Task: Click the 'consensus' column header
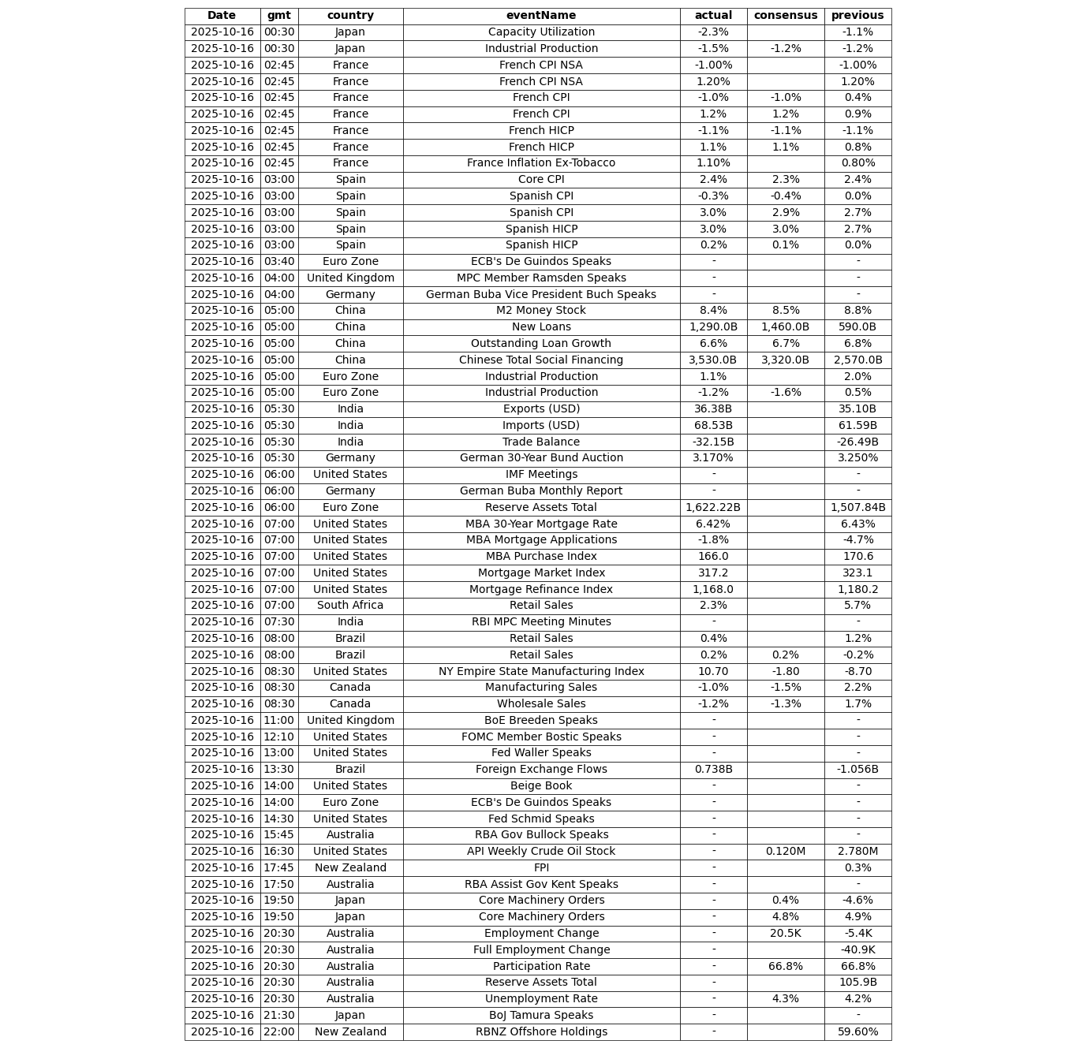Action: click(785, 16)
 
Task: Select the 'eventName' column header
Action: click(541, 16)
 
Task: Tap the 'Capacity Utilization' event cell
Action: click(541, 32)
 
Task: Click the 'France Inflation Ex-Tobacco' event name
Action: click(541, 163)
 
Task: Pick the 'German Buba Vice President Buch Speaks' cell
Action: click(541, 294)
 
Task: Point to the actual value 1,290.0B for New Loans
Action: click(713, 327)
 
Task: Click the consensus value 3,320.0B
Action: click(785, 360)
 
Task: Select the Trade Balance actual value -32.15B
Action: click(713, 442)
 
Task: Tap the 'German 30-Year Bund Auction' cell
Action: click(541, 458)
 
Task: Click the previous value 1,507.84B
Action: click(857, 508)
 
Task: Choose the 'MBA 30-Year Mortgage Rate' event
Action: click(541, 524)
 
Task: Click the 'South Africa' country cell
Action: click(350, 606)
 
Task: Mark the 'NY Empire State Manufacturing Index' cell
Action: click(541, 671)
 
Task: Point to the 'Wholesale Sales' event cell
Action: click(541, 704)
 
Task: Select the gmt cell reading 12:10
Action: click(278, 737)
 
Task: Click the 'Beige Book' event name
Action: click(541, 786)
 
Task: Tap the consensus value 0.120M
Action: click(785, 852)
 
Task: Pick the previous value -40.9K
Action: click(857, 950)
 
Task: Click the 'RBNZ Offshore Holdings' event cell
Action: click(541, 1031)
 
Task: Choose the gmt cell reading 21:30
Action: click(278, 1016)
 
